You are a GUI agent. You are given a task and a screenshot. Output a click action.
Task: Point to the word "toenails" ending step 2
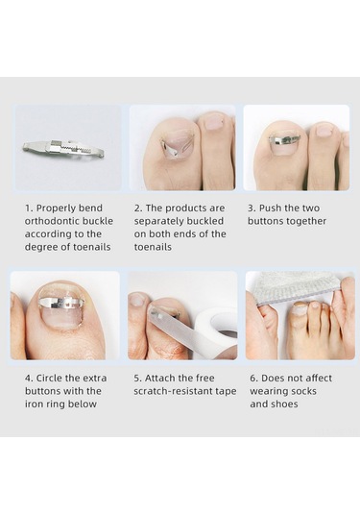[153, 247]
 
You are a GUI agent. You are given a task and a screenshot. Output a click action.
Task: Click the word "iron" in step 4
[33, 404]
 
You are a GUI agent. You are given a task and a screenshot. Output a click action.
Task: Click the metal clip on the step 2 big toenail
[171, 148]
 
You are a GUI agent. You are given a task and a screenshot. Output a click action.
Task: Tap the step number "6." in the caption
[253, 378]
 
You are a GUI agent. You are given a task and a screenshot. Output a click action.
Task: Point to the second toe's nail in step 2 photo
[212, 121]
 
